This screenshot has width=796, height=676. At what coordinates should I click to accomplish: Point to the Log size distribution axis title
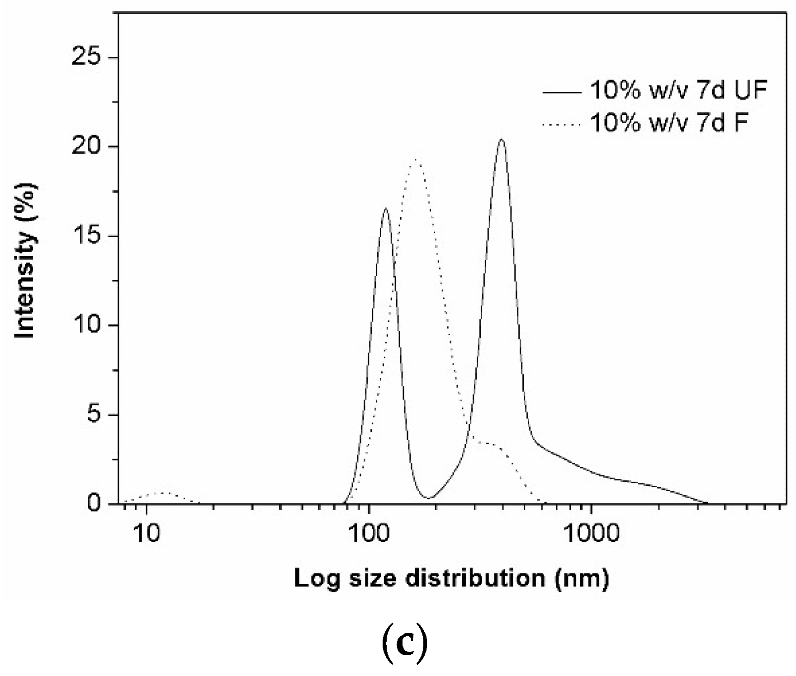coord(451,578)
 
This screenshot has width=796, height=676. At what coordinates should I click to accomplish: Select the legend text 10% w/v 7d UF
coord(679,90)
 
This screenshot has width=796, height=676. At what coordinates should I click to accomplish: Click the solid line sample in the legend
coord(562,93)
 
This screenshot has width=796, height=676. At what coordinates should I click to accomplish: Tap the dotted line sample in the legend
coord(562,124)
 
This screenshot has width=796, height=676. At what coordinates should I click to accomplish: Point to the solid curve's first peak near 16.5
coord(385,209)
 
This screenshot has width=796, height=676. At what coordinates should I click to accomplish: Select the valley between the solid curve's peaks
coord(430,498)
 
